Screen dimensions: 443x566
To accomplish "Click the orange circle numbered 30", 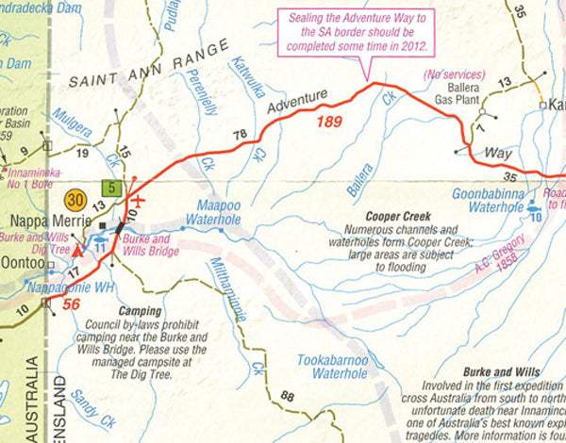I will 76,201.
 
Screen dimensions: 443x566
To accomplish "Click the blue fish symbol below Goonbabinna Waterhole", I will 535,216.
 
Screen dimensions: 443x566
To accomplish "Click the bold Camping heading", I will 141,310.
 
